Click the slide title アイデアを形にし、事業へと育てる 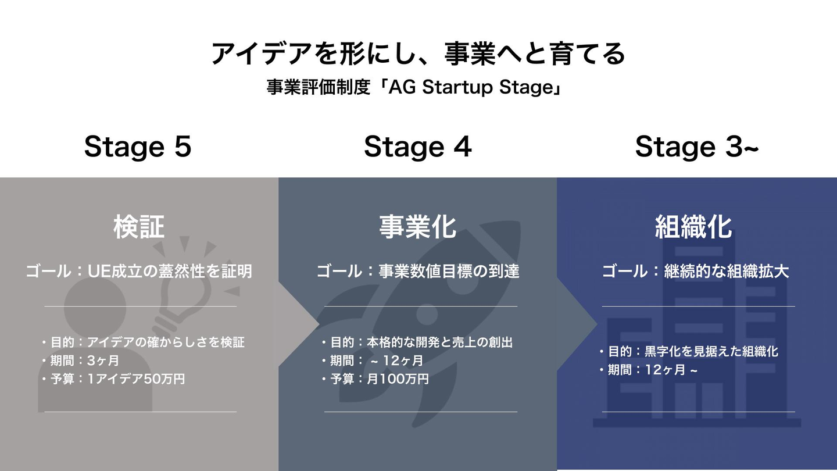point(418,53)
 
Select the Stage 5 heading point(138,147)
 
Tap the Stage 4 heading point(418,147)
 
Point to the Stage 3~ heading point(697,147)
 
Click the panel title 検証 point(139,227)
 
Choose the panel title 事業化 point(418,227)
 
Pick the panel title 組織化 point(693,227)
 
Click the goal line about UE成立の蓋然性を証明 point(139,271)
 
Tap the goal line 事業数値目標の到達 point(418,271)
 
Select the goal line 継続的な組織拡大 point(695,271)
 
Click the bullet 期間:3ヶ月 point(80,361)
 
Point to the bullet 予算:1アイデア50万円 point(113,379)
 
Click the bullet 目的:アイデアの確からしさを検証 point(143,342)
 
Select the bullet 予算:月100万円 point(375,379)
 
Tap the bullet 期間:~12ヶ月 point(372,361)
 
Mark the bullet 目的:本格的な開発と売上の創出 point(417,342)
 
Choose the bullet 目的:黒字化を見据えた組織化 point(689,351)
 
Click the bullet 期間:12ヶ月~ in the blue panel point(648,370)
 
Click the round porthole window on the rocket point(427,315)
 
